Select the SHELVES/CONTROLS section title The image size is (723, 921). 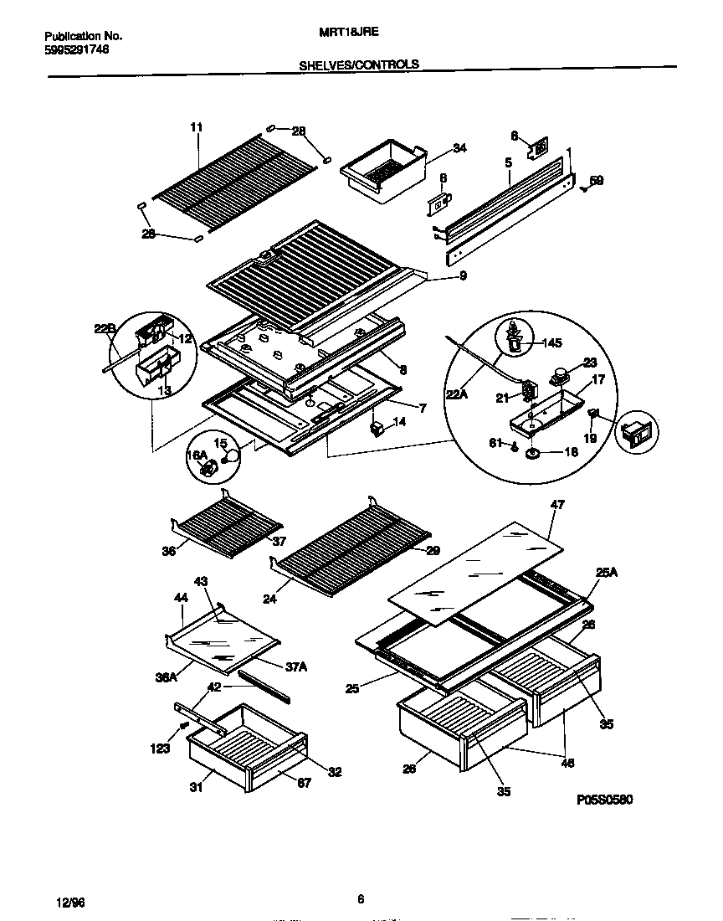click(359, 64)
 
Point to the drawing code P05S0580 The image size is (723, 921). click(604, 800)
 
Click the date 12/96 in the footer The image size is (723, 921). click(70, 902)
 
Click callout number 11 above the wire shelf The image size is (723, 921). click(197, 127)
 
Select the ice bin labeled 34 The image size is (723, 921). click(381, 172)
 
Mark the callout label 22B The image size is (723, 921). click(104, 331)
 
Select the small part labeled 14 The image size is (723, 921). click(377, 428)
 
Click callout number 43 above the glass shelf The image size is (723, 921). click(201, 581)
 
